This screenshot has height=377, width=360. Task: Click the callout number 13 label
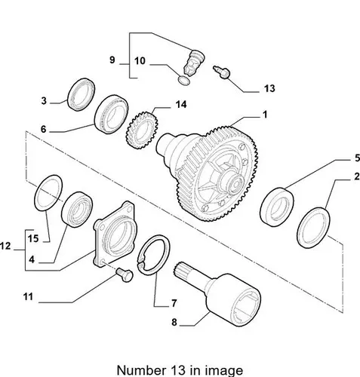tap(269, 88)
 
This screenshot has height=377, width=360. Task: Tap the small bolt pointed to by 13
tap(222, 72)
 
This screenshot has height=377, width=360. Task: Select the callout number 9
tap(112, 60)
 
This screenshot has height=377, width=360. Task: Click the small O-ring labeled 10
tap(184, 80)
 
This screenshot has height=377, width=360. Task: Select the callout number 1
tap(264, 115)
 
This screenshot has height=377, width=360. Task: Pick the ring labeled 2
tap(300, 228)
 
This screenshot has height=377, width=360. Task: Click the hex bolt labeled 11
tap(125, 274)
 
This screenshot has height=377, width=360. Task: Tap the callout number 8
tap(174, 322)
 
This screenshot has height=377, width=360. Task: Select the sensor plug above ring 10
tap(195, 63)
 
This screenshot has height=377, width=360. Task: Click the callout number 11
tap(28, 296)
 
